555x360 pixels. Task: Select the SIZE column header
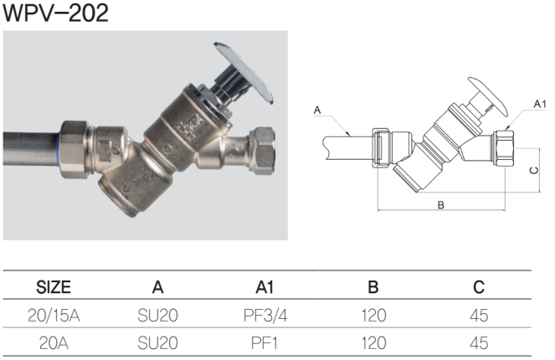coord(54,288)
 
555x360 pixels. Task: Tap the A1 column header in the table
coord(265,288)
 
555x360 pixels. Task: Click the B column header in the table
coord(373,288)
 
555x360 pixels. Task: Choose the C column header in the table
coord(479,288)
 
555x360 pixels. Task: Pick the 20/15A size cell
coord(54,316)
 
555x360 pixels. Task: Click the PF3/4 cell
coord(265,316)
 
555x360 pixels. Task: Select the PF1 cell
coord(265,342)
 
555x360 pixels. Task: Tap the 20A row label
coord(54,342)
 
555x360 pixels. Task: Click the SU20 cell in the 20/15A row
coord(157,316)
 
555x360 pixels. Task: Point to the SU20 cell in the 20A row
coord(157,342)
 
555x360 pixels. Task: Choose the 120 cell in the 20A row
coord(373,342)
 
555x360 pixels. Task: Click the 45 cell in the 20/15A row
coord(479,316)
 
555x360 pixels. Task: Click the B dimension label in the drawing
coord(440,205)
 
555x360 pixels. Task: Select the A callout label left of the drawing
coord(317,110)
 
